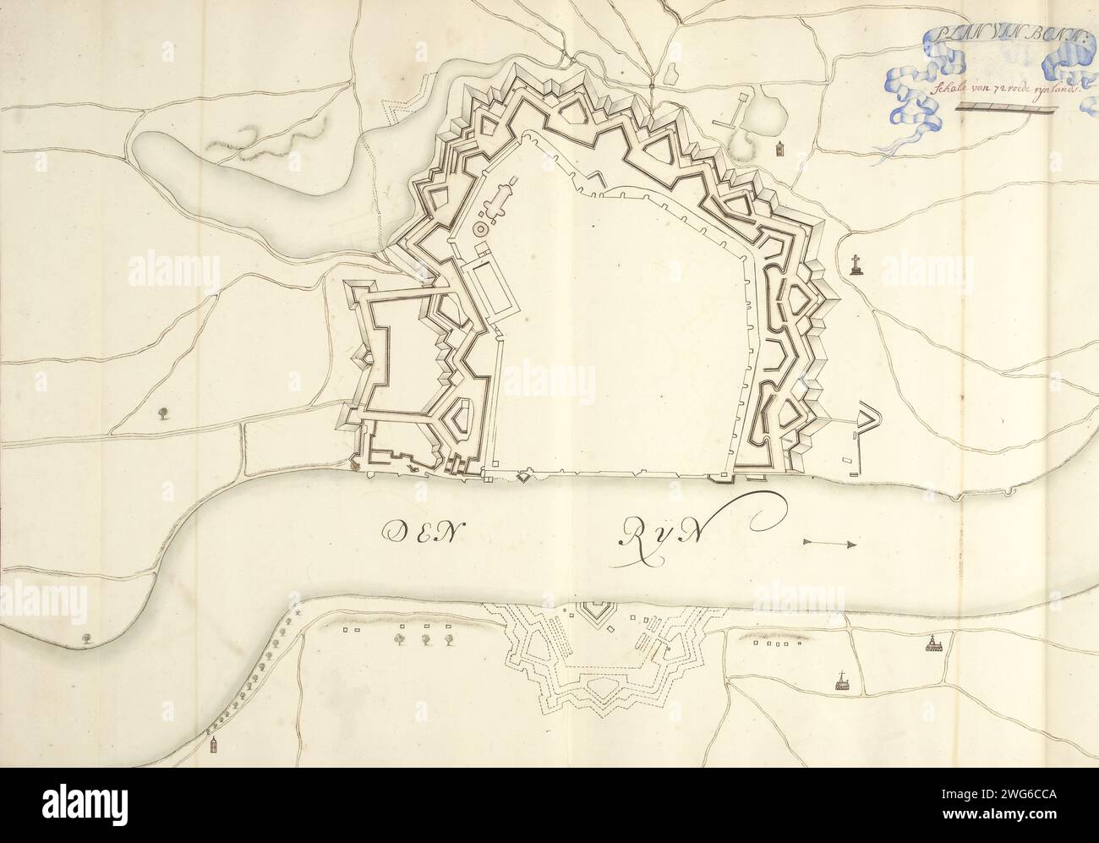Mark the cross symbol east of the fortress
(855, 264)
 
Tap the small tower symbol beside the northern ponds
(779, 150)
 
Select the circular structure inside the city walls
(481, 228)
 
